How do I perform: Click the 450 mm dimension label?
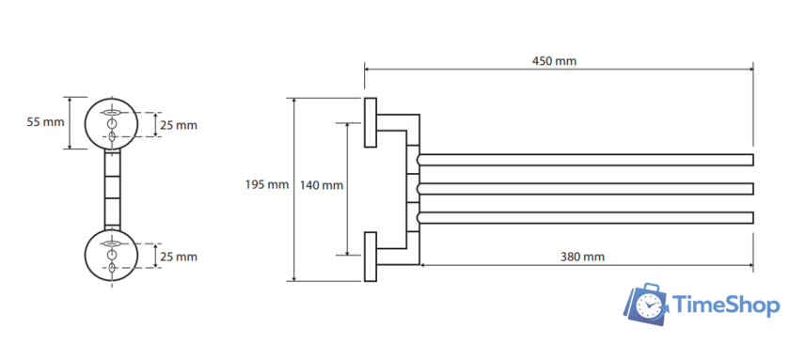pos(554,61)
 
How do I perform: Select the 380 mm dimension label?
pos(582,257)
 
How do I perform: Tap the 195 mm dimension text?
pos(267,185)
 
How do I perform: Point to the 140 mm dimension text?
pos(322,185)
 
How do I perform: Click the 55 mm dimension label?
pos(46,122)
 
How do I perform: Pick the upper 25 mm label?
pos(179,125)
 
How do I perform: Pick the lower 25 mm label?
pos(179,257)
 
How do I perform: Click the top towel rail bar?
pos(585,160)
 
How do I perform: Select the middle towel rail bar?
pos(585,189)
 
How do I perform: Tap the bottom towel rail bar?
pos(585,217)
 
